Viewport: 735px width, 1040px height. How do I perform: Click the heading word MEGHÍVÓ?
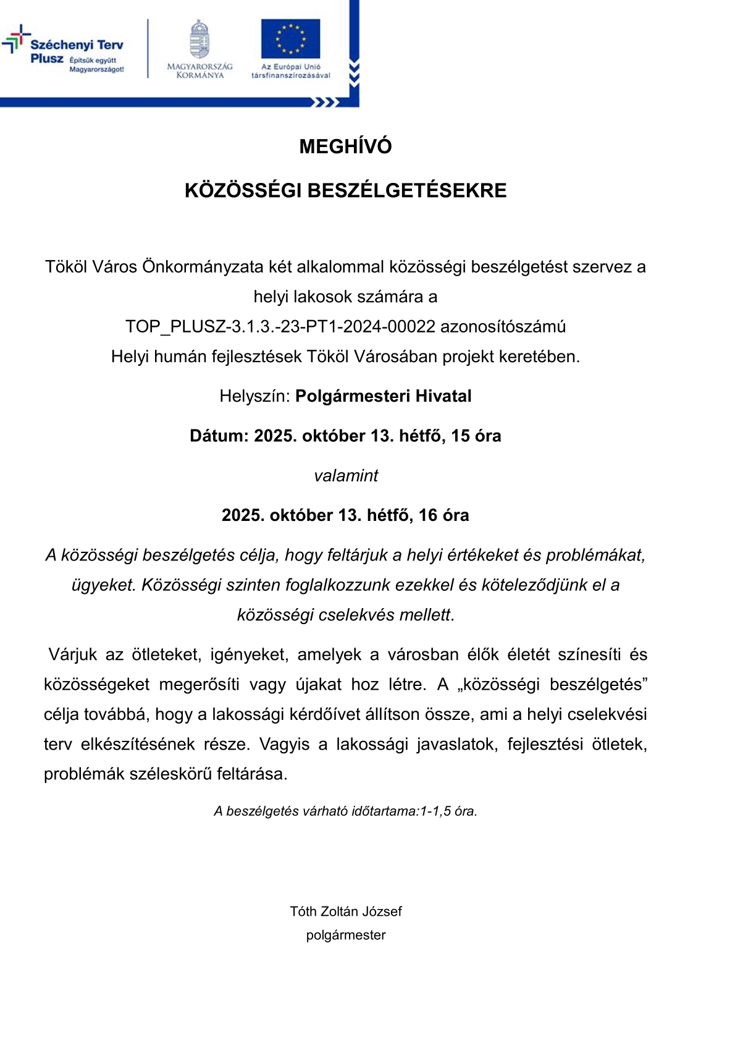345,146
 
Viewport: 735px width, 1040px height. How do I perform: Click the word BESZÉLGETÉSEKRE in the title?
406,190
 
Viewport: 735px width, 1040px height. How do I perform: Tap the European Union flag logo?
290,38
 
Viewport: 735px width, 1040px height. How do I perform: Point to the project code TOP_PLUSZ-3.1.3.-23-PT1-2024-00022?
280,326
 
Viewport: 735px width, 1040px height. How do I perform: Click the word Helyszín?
253,396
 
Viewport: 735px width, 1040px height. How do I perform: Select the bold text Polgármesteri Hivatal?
383,396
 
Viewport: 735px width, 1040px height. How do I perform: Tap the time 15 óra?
476,436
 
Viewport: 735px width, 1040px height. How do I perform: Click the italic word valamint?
346,475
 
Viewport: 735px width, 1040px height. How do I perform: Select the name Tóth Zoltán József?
346,911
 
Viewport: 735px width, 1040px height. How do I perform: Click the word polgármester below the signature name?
346,935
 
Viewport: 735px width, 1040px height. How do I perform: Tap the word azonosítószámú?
503,326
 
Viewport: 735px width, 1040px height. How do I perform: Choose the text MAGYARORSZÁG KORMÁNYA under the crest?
199,70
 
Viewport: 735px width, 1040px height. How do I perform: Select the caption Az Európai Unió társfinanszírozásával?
290,70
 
